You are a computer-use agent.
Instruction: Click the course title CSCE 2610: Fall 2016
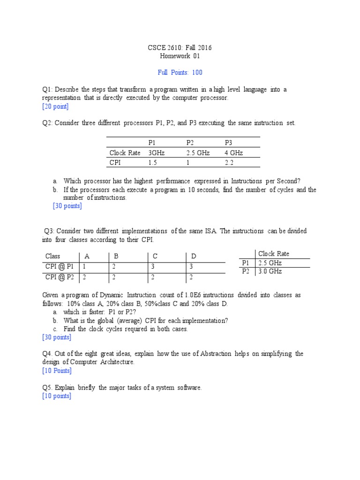pyautogui.click(x=180, y=48)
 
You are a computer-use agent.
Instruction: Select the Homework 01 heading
pyautogui.click(x=180, y=56)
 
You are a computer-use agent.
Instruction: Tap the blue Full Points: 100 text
pyautogui.click(x=180, y=73)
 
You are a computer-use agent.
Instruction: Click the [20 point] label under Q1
pyautogui.click(x=55, y=106)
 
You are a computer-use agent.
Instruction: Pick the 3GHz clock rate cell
pyautogui.click(x=157, y=153)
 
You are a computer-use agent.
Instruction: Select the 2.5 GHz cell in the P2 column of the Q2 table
pyautogui.click(x=198, y=153)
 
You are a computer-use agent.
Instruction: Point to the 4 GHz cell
pyautogui.click(x=234, y=153)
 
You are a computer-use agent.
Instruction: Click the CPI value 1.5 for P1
pyautogui.click(x=152, y=163)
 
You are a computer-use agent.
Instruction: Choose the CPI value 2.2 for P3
pyautogui.click(x=229, y=163)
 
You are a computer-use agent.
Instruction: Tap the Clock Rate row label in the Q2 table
pyautogui.click(x=125, y=153)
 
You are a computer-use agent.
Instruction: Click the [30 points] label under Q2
pyautogui.click(x=67, y=206)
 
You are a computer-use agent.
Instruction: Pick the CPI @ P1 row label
pyautogui.click(x=60, y=266)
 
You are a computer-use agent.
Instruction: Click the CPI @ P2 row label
pyautogui.click(x=60, y=277)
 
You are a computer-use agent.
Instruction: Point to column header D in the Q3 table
pyautogui.click(x=193, y=256)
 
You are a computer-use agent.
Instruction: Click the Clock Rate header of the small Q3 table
pyautogui.click(x=274, y=254)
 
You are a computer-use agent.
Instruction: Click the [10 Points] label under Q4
pyautogui.click(x=56, y=371)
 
